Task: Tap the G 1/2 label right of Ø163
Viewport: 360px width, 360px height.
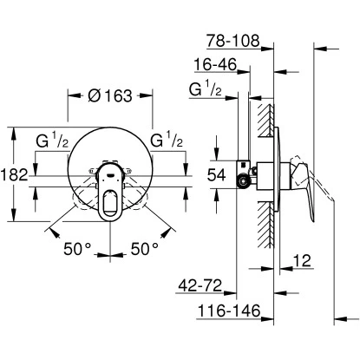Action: coord(166,140)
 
